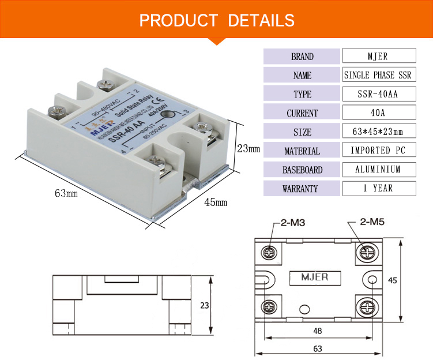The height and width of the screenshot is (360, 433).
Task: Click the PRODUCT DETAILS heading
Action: pyautogui.click(x=217, y=20)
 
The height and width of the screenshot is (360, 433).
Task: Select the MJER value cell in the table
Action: pyautogui.click(x=378, y=57)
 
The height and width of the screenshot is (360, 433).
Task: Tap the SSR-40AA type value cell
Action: pyautogui.click(x=378, y=95)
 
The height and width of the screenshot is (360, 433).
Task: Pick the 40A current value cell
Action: pyautogui.click(x=378, y=114)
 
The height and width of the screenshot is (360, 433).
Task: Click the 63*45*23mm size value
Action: pyautogui.click(x=378, y=132)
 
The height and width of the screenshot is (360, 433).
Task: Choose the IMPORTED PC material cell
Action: pyautogui.click(x=378, y=151)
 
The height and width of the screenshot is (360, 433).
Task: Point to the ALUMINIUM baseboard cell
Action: pyautogui.click(x=378, y=170)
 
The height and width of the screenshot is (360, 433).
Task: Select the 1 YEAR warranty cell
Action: pyautogui.click(x=378, y=188)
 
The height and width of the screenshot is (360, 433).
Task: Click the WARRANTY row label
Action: pyautogui.click(x=302, y=189)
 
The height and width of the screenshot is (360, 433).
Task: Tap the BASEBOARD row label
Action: pyautogui.click(x=302, y=170)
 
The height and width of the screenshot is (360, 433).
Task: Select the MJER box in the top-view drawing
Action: pyautogui.click(x=315, y=277)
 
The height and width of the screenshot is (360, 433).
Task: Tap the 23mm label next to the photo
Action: pyautogui.click(x=248, y=148)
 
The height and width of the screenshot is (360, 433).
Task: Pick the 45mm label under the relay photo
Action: pyautogui.click(x=216, y=202)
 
